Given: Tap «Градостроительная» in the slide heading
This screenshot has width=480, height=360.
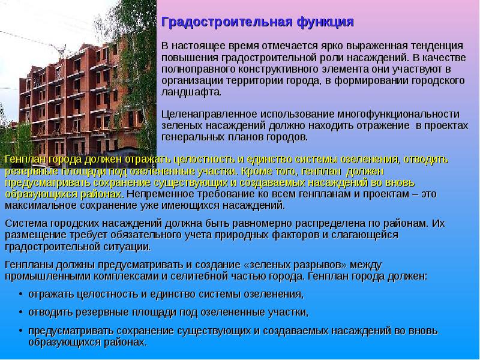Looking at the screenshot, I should click(x=226, y=22).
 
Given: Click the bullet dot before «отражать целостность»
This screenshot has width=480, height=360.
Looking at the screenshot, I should click(x=20, y=295).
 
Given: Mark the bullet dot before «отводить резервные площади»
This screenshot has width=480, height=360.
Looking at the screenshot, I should click(x=20, y=313).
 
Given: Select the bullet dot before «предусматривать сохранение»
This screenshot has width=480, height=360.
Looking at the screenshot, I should click(x=20, y=331).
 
